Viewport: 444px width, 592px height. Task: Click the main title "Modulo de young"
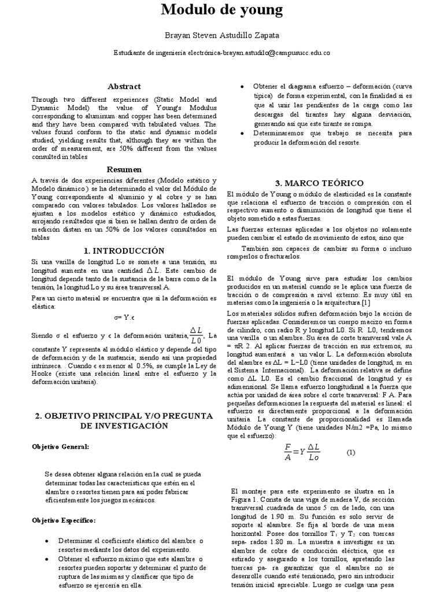pyautogui.click(x=222, y=10)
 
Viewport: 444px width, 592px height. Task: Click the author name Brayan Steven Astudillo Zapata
pyautogui.click(x=222, y=35)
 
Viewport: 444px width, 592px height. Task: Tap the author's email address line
pyautogui.click(x=222, y=53)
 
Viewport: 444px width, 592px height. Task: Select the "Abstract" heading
pyautogui.click(x=124, y=86)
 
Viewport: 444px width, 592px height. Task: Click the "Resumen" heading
pyautogui.click(x=124, y=169)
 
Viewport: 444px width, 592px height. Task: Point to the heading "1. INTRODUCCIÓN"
pyautogui.click(x=124, y=250)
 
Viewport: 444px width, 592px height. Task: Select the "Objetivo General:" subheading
pyautogui.click(x=60, y=447)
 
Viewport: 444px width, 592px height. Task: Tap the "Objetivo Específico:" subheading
pyautogui.click(x=64, y=521)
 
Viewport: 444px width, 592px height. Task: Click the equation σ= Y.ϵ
pyautogui.click(x=124, y=317)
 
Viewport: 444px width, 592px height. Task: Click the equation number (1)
pyautogui.click(x=351, y=453)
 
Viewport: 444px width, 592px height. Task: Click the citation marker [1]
pyautogui.click(x=366, y=302)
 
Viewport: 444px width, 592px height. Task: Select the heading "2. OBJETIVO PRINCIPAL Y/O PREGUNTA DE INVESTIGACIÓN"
pyautogui.click(x=124, y=421)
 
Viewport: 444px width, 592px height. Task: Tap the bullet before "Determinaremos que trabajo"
pyautogui.click(x=240, y=133)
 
